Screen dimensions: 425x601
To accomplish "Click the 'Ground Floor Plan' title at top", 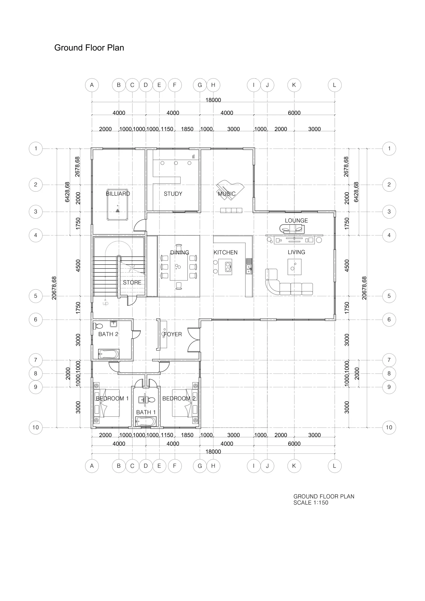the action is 89,48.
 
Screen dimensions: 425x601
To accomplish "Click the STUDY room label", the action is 173,194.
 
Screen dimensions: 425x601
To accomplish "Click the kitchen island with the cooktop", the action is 225,267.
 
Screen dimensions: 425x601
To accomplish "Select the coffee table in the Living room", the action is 294,267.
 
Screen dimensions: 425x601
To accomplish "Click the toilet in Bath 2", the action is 98,326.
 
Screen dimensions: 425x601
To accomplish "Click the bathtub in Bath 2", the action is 109,354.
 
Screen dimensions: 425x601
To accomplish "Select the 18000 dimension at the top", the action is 213,100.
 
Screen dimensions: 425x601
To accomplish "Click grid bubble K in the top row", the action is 294,85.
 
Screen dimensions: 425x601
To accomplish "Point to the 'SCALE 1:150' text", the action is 311,503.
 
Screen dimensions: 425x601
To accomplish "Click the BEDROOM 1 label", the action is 112,398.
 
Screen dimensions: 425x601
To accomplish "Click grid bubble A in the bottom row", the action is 92,466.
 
